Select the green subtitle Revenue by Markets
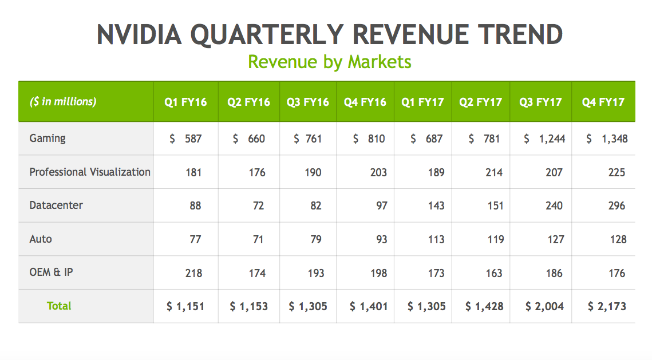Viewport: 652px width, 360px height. tap(329, 61)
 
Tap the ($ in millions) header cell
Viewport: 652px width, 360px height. tap(63, 102)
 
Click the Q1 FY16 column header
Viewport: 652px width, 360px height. tap(185, 102)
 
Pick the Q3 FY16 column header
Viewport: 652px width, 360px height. tap(308, 102)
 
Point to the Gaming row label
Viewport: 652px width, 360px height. tap(48, 138)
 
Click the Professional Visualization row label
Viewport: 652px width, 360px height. tap(90, 172)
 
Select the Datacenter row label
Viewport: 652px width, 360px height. tap(56, 205)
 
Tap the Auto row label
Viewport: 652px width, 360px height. tap(41, 239)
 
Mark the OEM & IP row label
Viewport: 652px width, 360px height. tap(51, 272)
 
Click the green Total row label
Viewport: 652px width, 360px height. tap(59, 306)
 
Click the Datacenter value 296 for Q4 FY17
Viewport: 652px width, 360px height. tap(617, 205)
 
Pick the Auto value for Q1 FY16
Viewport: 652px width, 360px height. tap(195, 239)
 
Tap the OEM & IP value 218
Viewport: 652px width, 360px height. tap(193, 273)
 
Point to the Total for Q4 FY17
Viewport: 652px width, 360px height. tap(607, 307)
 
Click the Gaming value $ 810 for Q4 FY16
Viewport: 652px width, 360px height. tap(369, 139)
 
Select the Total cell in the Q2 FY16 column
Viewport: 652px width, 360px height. tap(248, 307)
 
